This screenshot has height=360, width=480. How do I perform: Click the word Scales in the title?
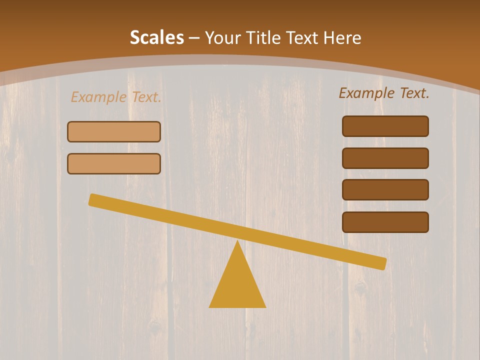156,37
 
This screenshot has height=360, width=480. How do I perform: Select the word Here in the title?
342,37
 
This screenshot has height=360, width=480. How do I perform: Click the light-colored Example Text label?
116,97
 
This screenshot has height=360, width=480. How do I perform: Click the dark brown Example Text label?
384,93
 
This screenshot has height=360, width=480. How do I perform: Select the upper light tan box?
114,131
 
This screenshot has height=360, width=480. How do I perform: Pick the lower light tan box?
114,163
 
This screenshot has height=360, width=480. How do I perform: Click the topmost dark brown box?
385,126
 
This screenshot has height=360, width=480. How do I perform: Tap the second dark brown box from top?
385,158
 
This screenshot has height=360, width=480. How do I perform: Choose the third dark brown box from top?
385,189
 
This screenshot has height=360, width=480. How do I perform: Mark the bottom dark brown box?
385,222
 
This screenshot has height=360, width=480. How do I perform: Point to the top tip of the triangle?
237,242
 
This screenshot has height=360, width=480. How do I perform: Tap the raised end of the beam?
93,199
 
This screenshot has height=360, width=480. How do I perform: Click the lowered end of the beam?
382,263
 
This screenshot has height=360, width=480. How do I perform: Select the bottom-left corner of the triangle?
210,306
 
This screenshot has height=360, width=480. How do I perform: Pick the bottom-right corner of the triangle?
264,306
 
